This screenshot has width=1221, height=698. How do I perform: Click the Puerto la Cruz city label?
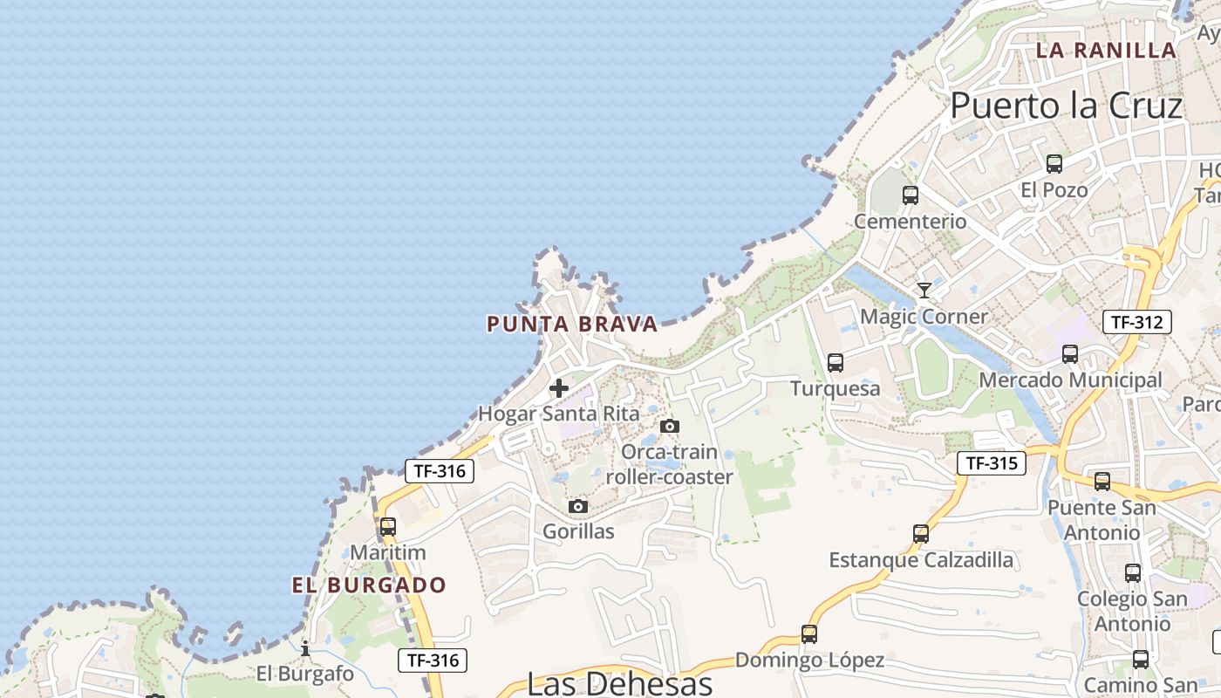pyautogui.click(x=1066, y=106)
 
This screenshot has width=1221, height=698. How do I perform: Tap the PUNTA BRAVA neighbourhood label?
pyautogui.click(x=572, y=325)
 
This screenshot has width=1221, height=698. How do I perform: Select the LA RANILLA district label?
pyautogui.click(x=1106, y=51)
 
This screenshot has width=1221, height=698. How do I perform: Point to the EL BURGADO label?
pyautogui.click(x=369, y=585)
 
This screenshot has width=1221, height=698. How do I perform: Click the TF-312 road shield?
pyautogui.click(x=1137, y=322)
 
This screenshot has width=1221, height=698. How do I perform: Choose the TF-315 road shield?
pyautogui.click(x=992, y=463)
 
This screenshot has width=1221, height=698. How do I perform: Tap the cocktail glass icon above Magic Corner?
pyautogui.click(x=924, y=290)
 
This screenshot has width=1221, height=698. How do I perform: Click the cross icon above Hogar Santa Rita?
pyautogui.click(x=559, y=388)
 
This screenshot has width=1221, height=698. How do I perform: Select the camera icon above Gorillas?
pyautogui.click(x=577, y=506)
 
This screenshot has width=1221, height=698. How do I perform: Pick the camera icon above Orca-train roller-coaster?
pyautogui.click(x=670, y=426)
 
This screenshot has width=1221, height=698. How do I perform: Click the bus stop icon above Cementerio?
pyautogui.click(x=911, y=195)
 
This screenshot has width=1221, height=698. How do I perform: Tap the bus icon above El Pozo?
pyautogui.click(x=1054, y=163)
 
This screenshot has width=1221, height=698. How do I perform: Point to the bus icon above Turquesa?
pyautogui.click(x=836, y=362)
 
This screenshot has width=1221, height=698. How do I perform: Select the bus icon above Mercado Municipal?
pyautogui.click(x=1070, y=354)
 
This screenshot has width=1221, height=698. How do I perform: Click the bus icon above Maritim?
pyautogui.click(x=388, y=527)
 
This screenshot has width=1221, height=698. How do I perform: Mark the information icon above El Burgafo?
pyautogui.click(x=305, y=648)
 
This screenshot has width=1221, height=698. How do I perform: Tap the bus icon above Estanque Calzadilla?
pyautogui.click(x=921, y=534)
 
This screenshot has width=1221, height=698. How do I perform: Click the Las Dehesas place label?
pyautogui.click(x=620, y=683)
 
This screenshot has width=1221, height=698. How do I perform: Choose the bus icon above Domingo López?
pyautogui.click(x=809, y=634)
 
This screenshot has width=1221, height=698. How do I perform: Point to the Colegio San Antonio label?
pyautogui.click(x=1132, y=611)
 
